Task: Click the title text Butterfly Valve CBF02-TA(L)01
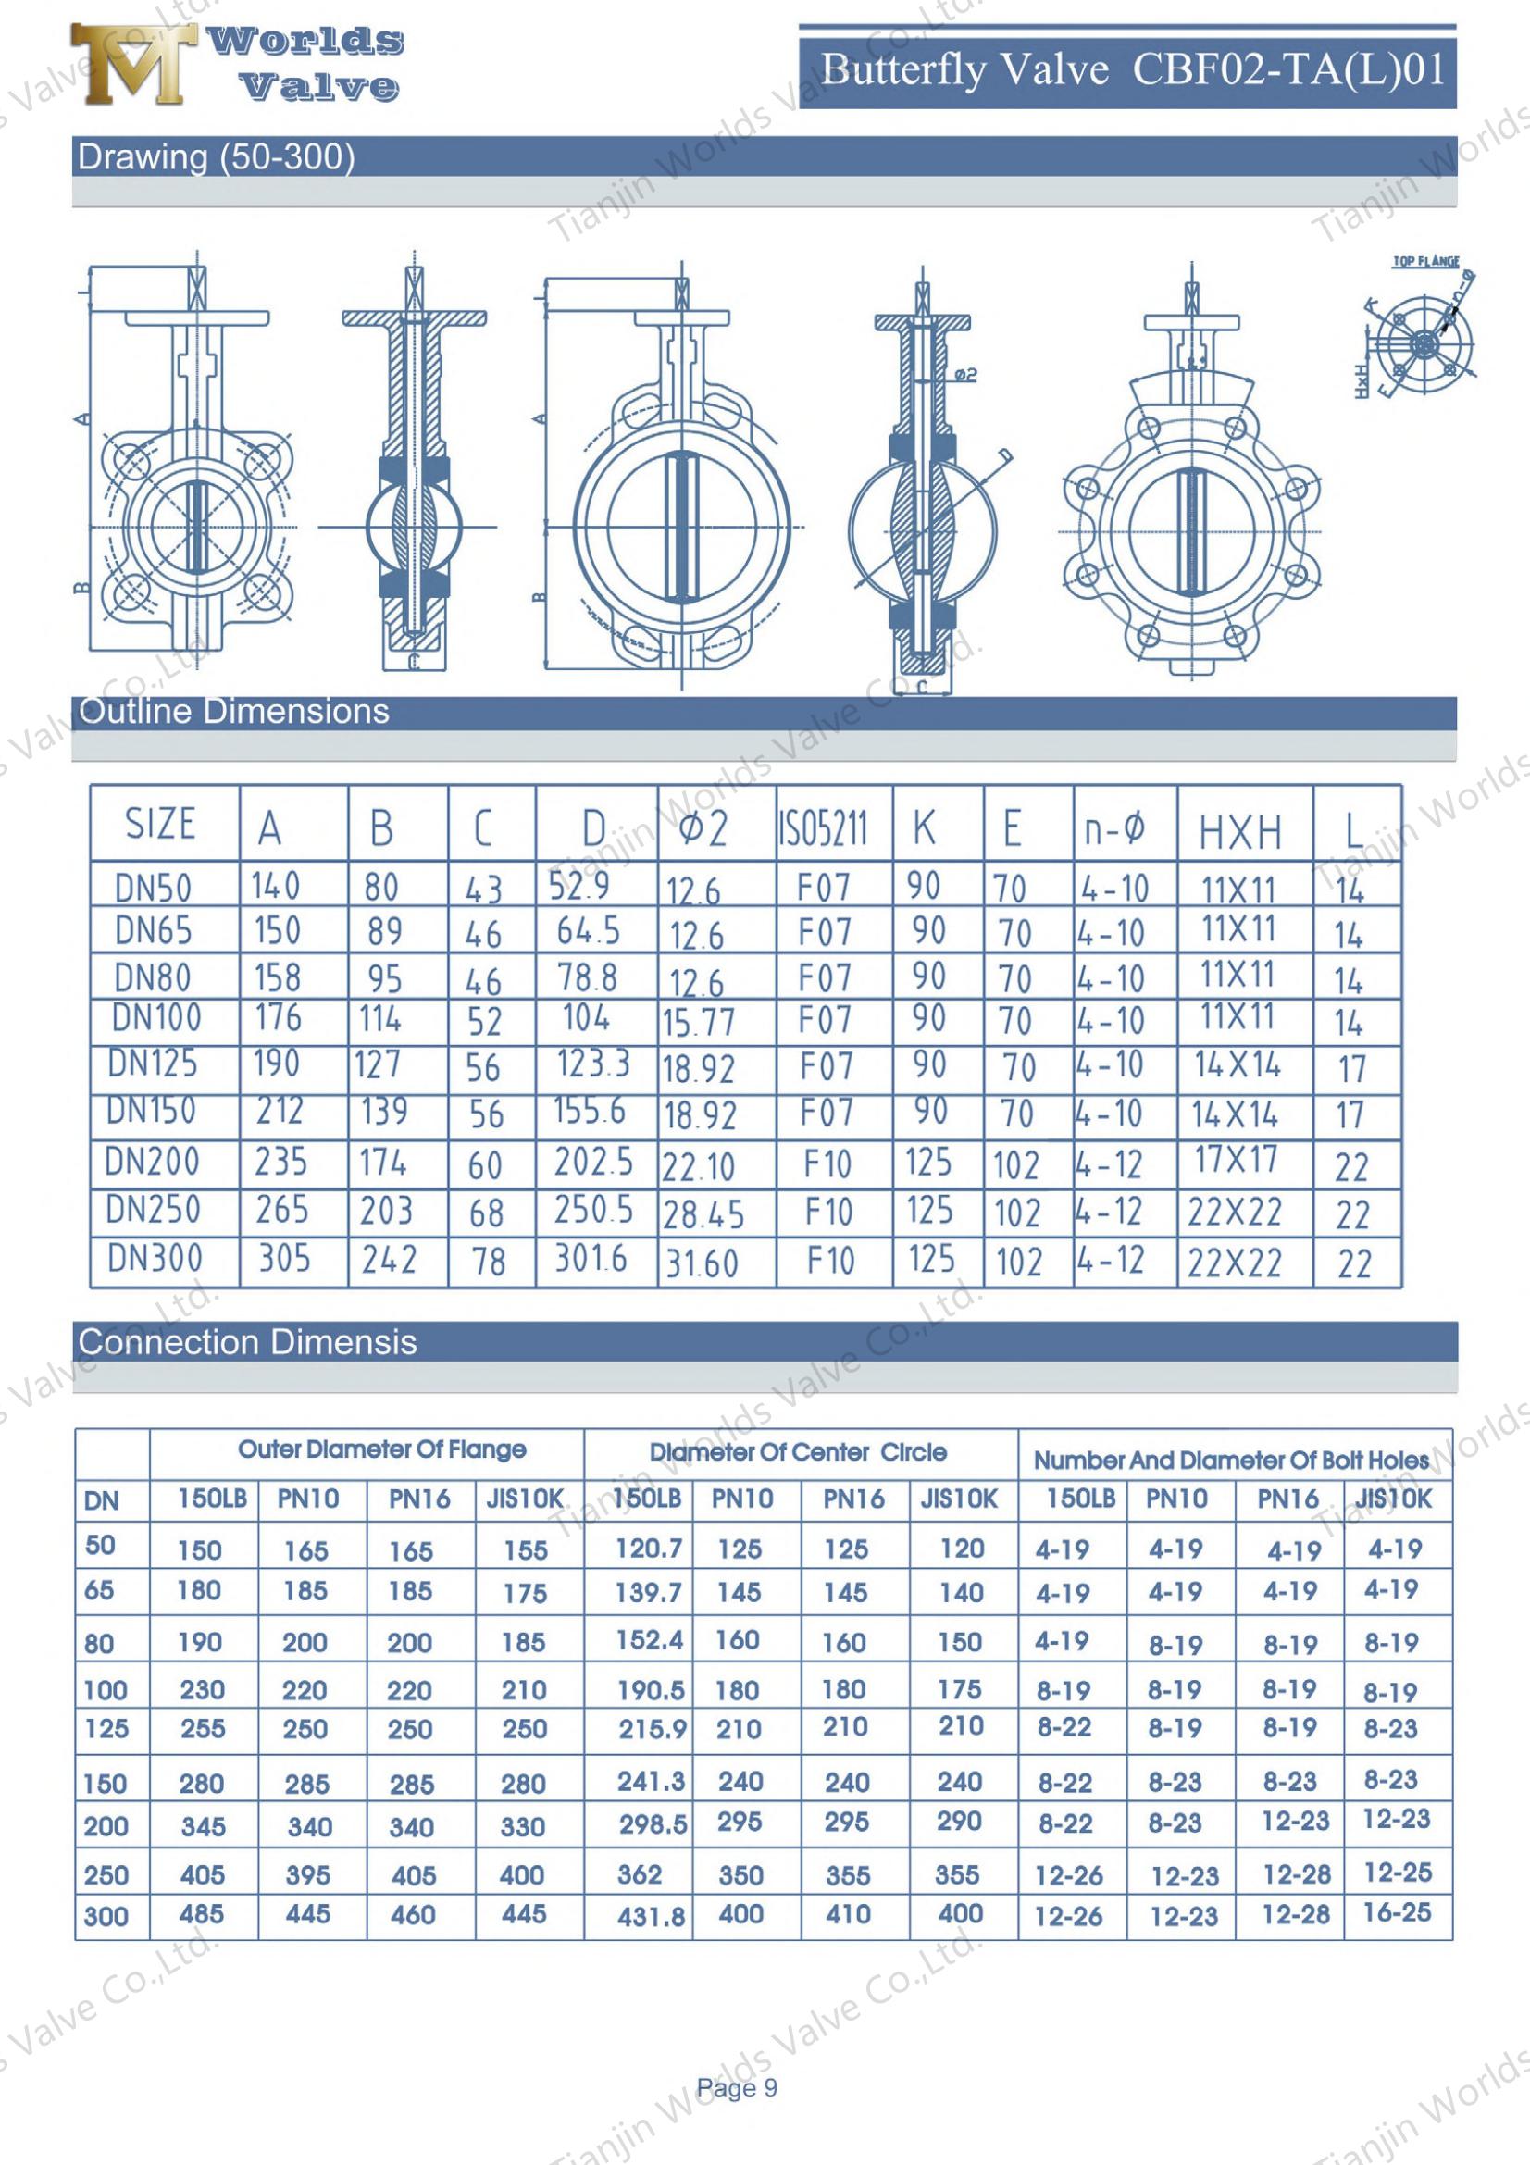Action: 1132,70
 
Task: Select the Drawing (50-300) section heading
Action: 216,156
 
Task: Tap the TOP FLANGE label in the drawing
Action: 1425,261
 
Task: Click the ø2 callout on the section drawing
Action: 966,375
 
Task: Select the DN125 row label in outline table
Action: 153,1064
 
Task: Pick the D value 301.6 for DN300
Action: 591,1258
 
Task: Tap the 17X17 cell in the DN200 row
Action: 1235,1160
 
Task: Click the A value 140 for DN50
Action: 275,886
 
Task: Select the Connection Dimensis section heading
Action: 247,1342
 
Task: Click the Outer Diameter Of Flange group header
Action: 381,1450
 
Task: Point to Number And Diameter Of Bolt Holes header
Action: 1231,1461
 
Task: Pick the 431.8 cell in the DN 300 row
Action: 652,1917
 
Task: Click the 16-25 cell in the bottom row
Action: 1397,1912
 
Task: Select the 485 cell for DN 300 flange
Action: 202,1913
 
